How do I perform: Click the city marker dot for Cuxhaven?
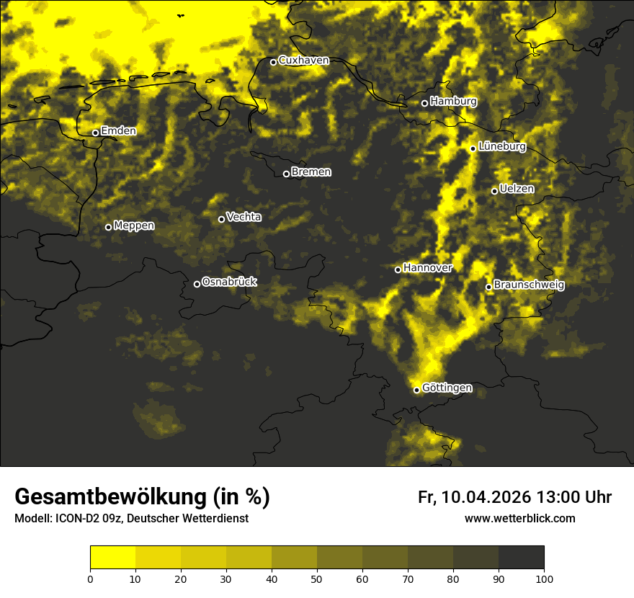point(274,62)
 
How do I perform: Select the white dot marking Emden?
point(95,133)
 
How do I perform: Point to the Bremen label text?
point(311,172)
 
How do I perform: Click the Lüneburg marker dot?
point(473,148)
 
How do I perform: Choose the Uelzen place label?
point(517,189)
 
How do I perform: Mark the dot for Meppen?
point(108,227)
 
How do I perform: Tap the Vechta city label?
point(244,217)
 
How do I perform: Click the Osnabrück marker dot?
point(197,284)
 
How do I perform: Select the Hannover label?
point(427,268)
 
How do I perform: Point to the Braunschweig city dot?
point(488,287)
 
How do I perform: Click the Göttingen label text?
point(447,388)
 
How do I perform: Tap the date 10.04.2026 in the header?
point(486,497)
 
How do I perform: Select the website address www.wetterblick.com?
point(519,518)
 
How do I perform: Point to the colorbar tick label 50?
point(317,579)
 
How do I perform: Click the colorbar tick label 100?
point(544,579)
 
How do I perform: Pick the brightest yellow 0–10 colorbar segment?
point(112,557)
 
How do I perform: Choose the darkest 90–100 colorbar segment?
point(521,557)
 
